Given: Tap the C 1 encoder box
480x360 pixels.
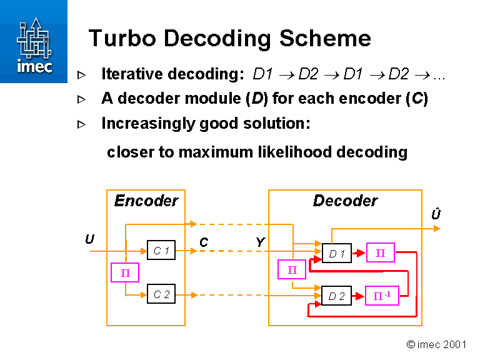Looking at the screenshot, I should click(161, 251).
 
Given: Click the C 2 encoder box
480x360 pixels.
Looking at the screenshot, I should click(161, 294).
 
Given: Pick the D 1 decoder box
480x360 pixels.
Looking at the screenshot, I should click(337, 253).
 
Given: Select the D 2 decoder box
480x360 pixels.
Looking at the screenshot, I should click(336, 296).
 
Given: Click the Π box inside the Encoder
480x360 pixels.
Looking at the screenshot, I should click(124, 272).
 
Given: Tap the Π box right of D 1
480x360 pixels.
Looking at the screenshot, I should click(380, 252).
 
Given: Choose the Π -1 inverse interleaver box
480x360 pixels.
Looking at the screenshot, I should click(381, 296).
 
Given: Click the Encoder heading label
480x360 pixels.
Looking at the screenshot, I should click(146, 201).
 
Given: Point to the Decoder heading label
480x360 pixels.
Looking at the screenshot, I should click(345, 201).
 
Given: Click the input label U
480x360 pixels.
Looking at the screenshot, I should click(90, 239).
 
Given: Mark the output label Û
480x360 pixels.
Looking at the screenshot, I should click(436, 215).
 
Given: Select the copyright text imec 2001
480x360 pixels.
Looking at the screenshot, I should click(437, 344).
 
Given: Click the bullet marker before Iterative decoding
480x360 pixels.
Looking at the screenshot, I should click(81, 75).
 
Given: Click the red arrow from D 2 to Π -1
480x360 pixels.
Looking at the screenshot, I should click(358, 296).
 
